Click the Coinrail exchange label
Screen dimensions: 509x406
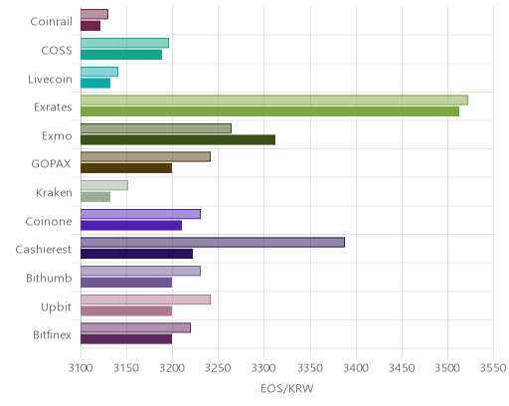(x=51, y=22)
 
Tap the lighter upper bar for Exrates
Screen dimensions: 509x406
(x=274, y=100)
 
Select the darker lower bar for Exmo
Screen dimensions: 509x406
(x=178, y=140)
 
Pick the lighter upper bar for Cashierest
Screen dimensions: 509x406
(x=213, y=243)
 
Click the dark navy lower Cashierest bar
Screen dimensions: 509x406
(x=136, y=254)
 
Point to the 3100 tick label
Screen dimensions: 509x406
(x=81, y=368)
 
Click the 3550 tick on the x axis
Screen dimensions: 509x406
(x=493, y=368)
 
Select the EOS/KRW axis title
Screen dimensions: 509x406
(x=287, y=389)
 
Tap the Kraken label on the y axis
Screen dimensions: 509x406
(x=54, y=193)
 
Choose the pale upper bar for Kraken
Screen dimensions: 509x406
(x=104, y=185)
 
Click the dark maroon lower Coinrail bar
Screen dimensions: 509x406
(x=90, y=26)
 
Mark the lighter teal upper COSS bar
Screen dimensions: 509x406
(x=124, y=43)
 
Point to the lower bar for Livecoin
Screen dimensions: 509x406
(x=95, y=84)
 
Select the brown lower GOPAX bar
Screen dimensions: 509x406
(x=126, y=168)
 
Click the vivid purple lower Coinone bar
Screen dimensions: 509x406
(x=131, y=226)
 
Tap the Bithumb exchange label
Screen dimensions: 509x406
(x=49, y=278)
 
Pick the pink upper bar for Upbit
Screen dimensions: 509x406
(x=145, y=300)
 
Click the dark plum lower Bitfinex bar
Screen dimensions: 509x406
(x=126, y=339)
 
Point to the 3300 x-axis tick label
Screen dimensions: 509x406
(x=264, y=368)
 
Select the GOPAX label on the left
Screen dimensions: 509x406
(x=52, y=164)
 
